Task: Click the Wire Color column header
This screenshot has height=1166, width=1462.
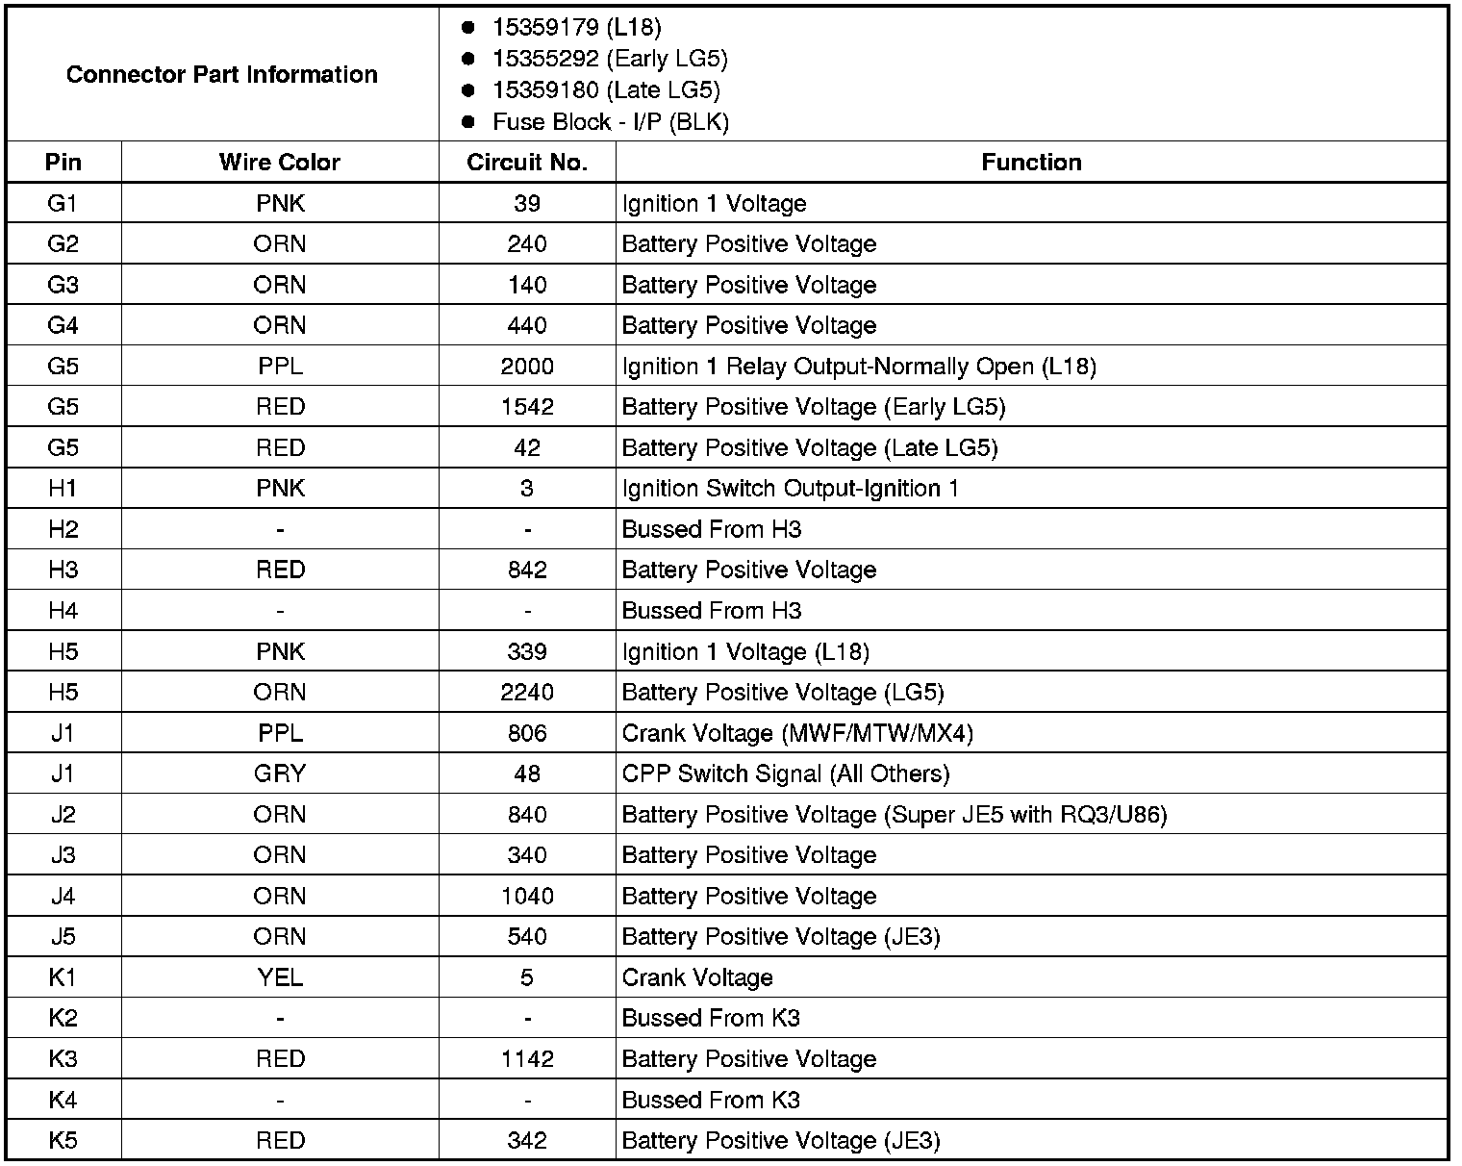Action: pyautogui.click(x=279, y=162)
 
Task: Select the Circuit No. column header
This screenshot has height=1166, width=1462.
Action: pyautogui.click(x=527, y=162)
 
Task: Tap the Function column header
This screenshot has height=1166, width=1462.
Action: pyautogui.click(x=1031, y=162)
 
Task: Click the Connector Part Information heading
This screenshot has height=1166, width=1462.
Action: pyautogui.click(x=222, y=74)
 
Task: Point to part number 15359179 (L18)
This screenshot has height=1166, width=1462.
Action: pyautogui.click(x=576, y=27)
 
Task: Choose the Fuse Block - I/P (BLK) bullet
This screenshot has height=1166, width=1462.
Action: pyautogui.click(x=610, y=122)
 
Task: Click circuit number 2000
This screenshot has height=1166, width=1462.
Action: pyautogui.click(x=527, y=367)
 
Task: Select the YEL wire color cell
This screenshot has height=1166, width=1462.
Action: pyautogui.click(x=279, y=977)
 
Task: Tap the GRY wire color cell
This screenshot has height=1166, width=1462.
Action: pyautogui.click(x=279, y=773)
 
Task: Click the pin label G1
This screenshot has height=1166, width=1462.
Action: pyautogui.click(x=63, y=203)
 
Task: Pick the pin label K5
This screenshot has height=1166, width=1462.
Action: pyautogui.click(x=63, y=1141)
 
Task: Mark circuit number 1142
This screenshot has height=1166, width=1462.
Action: pyautogui.click(x=527, y=1059)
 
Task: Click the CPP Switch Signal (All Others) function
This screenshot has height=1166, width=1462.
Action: pyautogui.click(x=785, y=773)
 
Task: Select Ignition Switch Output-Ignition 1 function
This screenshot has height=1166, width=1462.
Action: pyautogui.click(x=790, y=489)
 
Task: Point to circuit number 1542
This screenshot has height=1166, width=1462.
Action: pyautogui.click(x=527, y=407)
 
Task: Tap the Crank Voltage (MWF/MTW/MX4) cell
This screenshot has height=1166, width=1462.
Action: pyautogui.click(x=797, y=733)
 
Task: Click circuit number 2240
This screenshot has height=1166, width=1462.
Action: pyautogui.click(x=527, y=693)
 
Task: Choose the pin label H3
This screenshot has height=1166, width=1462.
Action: pyautogui.click(x=63, y=570)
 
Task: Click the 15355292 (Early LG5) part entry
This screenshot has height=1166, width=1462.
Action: pyautogui.click(x=609, y=59)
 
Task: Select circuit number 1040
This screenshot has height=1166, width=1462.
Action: pyautogui.click(x=527, y=896)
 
